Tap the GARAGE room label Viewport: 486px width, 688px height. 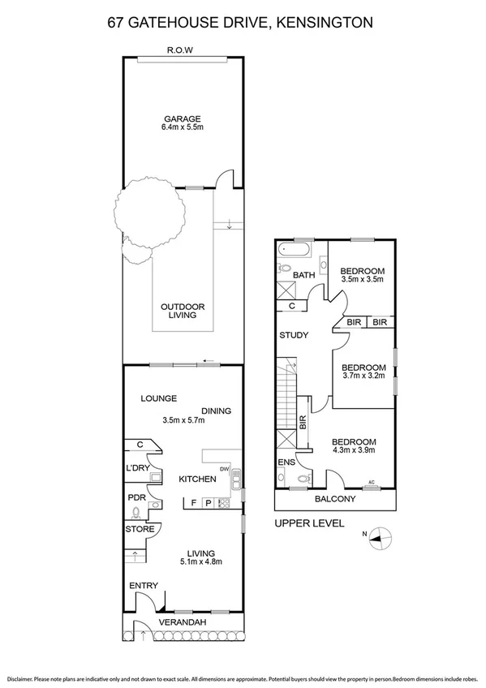183,118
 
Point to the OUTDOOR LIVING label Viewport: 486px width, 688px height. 183,311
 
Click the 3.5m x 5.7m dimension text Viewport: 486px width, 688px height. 183,420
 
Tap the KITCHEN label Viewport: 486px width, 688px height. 197,479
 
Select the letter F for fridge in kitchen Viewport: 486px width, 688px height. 193,503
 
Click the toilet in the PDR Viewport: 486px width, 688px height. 136,511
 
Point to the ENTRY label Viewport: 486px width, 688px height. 143,586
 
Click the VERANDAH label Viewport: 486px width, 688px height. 183,622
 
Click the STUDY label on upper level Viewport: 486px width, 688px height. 292,335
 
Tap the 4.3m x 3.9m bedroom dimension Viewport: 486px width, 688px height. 354,453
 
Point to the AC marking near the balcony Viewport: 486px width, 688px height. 373,482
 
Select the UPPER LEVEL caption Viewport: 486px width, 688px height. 309,523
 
